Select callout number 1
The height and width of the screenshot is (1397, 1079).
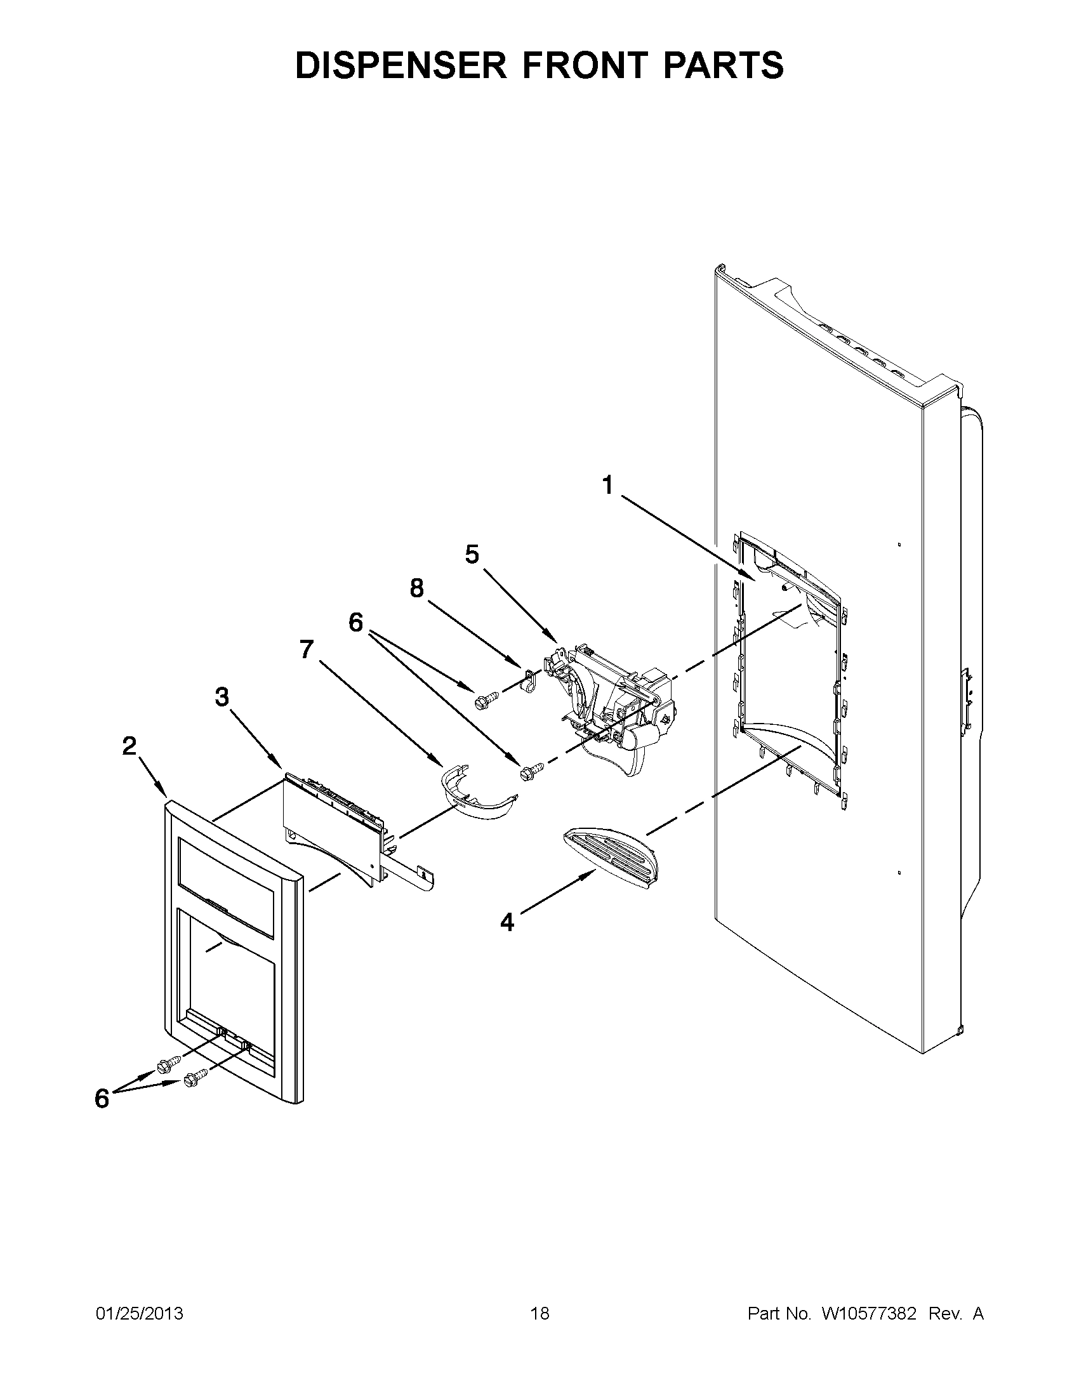pyautogui.click(x=608, y=486)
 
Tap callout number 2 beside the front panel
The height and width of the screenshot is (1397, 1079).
pyautogui.click(x=129, y=746)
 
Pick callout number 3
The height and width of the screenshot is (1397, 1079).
pyautogui.click(x=222, y=697)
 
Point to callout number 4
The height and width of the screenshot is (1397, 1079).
pyautogui.click(x=506, y=922)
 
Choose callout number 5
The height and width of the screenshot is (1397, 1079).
pyautogui.click(x=472, y=555)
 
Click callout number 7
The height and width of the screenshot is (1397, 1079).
pyautogui.click(x=307, y=649)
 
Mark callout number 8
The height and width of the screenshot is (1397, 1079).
pyautogui.click(x=416, y=588)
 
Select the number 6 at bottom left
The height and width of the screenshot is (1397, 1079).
pyautogui.click(x=102, y=1099)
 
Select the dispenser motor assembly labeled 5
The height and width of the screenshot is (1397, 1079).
pyautogui.click(x=614, y=710)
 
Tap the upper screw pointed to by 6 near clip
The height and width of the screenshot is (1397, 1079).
pyautogui.click(x=482, y=700)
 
